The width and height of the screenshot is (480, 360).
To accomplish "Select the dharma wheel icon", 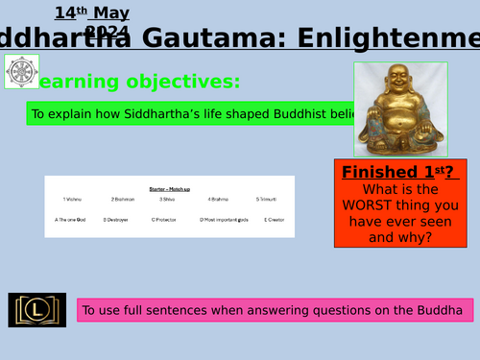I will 18,72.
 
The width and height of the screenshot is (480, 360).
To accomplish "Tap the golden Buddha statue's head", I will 396,83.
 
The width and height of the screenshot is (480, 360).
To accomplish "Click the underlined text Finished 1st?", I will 396,173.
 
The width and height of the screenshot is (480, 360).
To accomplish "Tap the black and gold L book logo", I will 38,309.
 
